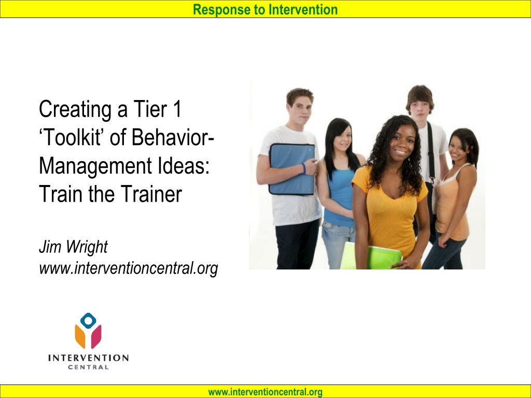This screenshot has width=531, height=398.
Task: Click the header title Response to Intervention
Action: point(265,9)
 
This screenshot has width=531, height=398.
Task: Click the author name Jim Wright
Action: point(73,246)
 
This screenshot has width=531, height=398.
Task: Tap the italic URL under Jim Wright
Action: point(129,269)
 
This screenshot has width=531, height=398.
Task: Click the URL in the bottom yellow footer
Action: point(265,392)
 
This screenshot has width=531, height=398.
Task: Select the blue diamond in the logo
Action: point(88,320)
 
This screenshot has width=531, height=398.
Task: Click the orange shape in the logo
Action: point(80,336)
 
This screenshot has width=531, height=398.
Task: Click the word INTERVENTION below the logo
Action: point(88,358)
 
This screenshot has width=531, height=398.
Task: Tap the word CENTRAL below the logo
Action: point(88,367)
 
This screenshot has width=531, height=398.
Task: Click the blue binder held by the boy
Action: point(292,169)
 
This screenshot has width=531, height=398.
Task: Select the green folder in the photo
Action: point(371,256)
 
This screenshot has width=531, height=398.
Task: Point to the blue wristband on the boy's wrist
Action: point(304,168)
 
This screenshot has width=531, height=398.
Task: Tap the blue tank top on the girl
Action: point(341,196)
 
